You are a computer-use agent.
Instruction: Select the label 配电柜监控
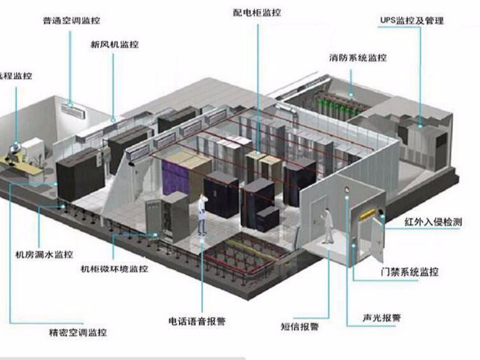pyautogui.click(x=257, y=12)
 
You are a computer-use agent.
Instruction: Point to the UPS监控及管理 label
pyautogui.click(x=412, y=21)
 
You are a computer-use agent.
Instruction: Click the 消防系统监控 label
pyautogui.click(x=359, y=58)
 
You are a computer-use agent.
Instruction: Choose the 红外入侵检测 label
pyautogui.click(x=433, y=222)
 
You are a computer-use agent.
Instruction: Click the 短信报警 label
pyautogui.click(x=300, y=326)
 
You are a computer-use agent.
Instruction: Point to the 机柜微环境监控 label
pyautogui.click(x=114, y=269)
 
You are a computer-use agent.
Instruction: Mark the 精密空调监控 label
pyautogui.click(x=78, y=332)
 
